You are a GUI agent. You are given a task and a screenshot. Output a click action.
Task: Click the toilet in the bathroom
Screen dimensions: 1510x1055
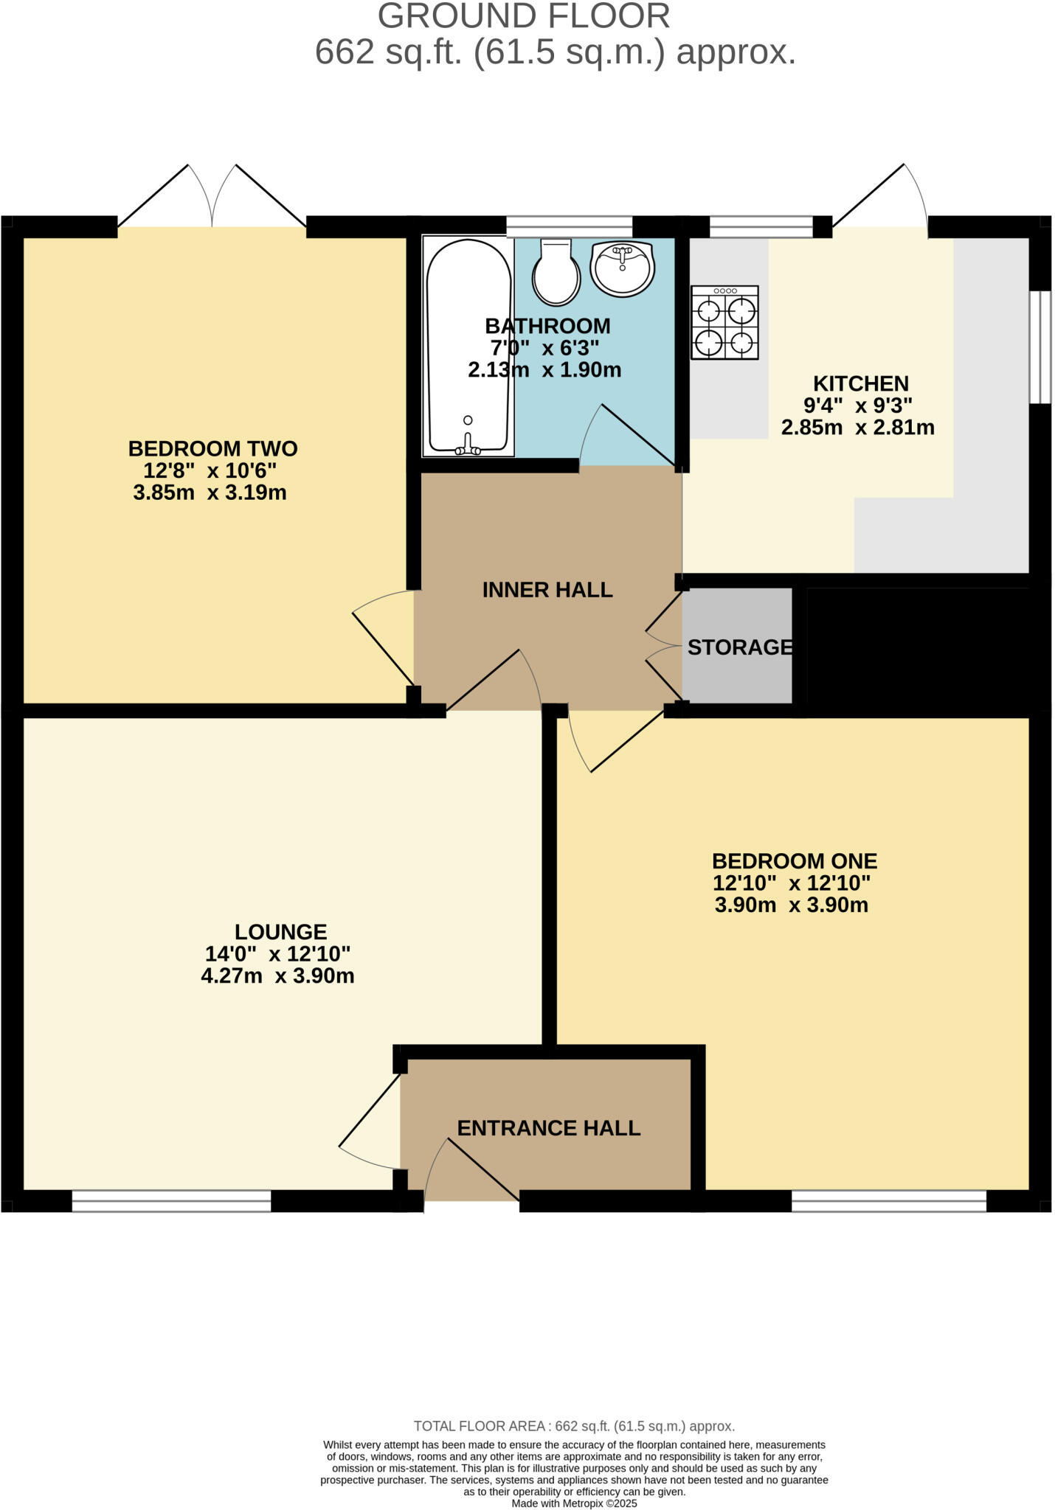556,272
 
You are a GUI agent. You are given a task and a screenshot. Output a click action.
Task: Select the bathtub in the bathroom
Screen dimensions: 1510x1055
468,347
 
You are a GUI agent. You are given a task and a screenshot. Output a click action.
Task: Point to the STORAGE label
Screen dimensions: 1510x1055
740,647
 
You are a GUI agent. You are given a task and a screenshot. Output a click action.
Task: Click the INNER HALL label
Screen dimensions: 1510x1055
547,590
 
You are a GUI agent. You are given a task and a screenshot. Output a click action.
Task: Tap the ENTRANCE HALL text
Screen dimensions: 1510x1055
549,1128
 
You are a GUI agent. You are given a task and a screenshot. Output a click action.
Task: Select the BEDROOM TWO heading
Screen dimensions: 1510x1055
212,448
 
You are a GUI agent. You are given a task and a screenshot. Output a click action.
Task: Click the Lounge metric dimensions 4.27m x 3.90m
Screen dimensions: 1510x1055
277,976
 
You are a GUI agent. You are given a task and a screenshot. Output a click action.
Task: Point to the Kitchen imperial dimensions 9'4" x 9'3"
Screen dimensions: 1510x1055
858,405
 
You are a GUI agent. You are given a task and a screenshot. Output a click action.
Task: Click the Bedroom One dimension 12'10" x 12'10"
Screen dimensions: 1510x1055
792,883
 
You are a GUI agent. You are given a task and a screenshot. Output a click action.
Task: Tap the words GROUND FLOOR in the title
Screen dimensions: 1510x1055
524,16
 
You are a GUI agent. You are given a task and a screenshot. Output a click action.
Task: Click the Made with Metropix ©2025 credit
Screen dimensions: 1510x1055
574,1503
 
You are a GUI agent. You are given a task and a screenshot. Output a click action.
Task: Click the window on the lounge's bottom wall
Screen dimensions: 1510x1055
171,1201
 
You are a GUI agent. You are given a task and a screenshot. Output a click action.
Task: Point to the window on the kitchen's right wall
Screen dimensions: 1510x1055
1040,347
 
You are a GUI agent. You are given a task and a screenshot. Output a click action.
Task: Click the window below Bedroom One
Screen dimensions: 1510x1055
888,1201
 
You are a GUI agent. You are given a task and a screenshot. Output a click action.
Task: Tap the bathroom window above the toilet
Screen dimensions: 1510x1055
569,226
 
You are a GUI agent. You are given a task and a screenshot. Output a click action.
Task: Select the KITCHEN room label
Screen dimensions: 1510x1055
860,383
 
